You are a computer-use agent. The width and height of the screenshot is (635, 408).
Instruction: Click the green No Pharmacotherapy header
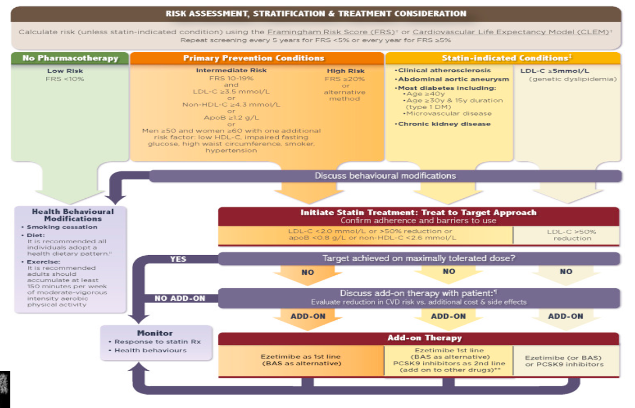pyautogui.click(x=70, y=58)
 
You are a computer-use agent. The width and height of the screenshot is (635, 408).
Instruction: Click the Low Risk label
pyautogui.click(x=65, y=71)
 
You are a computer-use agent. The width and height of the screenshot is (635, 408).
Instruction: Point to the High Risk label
pyautogui.click(x=345, y=71)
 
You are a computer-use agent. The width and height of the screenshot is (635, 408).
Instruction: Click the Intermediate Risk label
pyautogui.click(x=231, y=70)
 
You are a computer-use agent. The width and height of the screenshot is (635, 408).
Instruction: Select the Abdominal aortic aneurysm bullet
pyautogui.click(x=453, y=80)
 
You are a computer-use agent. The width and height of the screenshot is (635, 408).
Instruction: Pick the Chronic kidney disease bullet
pyautogui.click(x=444, y=124)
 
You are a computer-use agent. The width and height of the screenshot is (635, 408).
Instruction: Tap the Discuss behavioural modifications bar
pyautogui.click(x=385, y=176)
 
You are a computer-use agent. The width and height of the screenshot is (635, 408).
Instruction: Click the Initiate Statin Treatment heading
pyautogui.click(x=418, y=212)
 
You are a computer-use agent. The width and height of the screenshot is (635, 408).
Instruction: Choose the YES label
pyautogui.click(x=178, y=259)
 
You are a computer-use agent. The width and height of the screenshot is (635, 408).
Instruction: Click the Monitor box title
pyautogui.click(x=155, y=333)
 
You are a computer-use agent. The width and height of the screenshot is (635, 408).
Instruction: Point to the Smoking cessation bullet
pyautogui.click(x=61, y=227)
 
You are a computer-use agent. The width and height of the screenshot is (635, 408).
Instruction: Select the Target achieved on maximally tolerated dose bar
pyautogui.click(x=418, y=258)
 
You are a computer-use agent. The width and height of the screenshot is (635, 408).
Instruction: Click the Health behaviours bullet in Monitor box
pyautogui.click(x=150, y=350)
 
